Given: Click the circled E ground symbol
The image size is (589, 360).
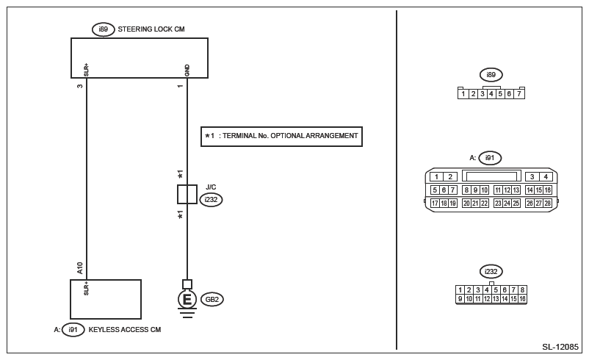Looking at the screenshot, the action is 187,300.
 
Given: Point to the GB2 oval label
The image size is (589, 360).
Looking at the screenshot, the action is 212,300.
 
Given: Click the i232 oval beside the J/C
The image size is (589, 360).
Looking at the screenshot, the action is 211,200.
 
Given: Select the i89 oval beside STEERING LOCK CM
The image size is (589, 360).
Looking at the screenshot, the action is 104,29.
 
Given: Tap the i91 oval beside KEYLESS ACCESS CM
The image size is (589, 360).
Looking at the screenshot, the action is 73,330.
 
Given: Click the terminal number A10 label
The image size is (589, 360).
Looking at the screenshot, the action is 79,268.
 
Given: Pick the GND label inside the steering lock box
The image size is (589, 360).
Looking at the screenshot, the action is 187,71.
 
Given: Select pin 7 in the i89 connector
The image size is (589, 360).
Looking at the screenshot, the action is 519,94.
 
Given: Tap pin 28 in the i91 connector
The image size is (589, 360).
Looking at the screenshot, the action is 548,204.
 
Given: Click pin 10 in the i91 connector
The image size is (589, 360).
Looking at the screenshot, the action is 485,190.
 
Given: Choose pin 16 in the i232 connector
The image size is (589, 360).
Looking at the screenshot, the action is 522,299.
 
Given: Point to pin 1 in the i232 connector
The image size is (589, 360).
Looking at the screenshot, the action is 460,289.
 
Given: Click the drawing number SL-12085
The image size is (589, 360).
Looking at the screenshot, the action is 560,347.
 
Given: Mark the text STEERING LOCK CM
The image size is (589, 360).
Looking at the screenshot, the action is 151,29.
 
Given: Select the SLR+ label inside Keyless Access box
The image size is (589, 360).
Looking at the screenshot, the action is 87,288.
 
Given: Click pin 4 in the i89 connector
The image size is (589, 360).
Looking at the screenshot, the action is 491,94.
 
